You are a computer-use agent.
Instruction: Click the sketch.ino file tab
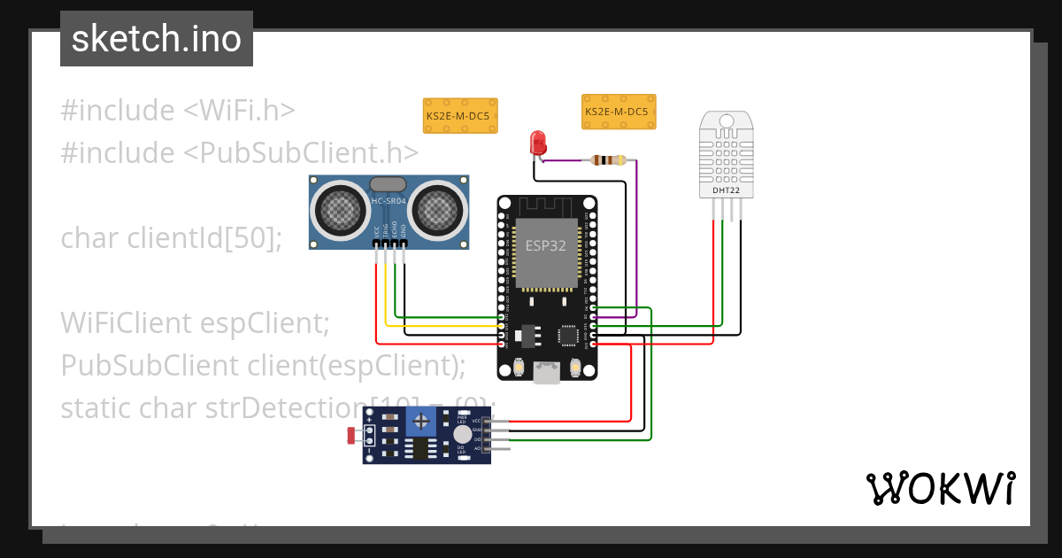pyautogui.click(x=157, y=39)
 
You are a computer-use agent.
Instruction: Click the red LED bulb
pyautogui.click(x=537, y=141)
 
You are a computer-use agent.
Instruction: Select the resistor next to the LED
pyautogui.click(x=608, y=160)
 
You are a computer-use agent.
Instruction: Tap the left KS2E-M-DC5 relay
pyautogui.click(x=460, y=116)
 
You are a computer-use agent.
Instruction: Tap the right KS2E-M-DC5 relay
pyautogui.click(x=619, y=112)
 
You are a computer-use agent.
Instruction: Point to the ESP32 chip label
pyautogui.click(x=546, y=245)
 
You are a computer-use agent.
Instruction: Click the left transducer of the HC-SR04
pyautogui.click(x=341, y=209)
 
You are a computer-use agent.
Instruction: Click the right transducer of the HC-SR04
pyautogui.click(x=437, y=209)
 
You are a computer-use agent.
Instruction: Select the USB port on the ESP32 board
pyautogui.click(x=547, y=375)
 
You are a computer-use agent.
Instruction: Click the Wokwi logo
pyautogui.click(x=940, y=488)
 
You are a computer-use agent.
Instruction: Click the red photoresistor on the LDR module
pyautogui.click(x=351, y=435)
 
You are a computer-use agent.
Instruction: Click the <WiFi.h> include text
pyautogui.click(x=239, y=112)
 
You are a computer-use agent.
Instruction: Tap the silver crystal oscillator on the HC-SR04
pyautogui.click(x=388, y=184)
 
